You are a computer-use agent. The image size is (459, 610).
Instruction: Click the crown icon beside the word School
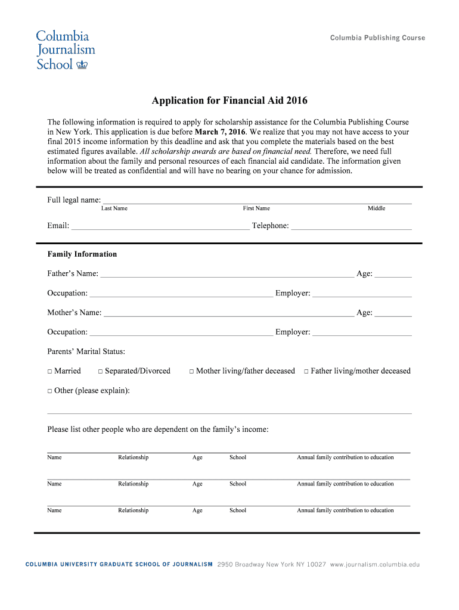pyautogui.click(x=83, y=64)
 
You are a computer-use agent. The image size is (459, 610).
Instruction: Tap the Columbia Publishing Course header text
pyautogui.click(x=377, y=38)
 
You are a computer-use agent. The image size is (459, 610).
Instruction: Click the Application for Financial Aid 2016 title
pyautogui.click(x=229, y=101)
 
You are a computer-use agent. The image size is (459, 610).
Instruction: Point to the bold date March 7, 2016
pyautogui.click(x=220, y=132)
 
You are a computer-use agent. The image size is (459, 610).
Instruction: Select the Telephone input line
pyautogui.click(x=351, y=226)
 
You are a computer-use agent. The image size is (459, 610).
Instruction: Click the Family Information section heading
pyautogui.click(x=82, y=254)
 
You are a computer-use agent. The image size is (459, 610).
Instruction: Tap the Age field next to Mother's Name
pyautogui.click(x=393, y=313)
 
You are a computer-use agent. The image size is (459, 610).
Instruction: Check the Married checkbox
pyautogui.click(x=50, y=372)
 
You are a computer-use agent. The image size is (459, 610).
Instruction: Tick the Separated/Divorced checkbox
pyautogui.click(x=101, y=372)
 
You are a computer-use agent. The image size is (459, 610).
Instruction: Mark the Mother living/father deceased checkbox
pyautogui.click(x=192, y=372)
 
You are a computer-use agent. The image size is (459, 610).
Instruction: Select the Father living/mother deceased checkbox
pyautogui.click(x=306, y=372)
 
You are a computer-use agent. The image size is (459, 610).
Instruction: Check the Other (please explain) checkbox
pyautogui.click(x=50, y=391)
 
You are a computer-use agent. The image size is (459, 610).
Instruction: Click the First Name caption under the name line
pyautogui.click(x=256, y=208)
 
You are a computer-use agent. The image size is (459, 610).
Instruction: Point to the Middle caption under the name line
pyautogui.click(x=376, y=208)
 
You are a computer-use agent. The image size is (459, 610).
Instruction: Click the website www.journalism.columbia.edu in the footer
pyautogui.click(x=375, y=564)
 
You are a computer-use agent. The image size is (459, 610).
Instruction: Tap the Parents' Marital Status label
pyautogui.click(x=86, y=352)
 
